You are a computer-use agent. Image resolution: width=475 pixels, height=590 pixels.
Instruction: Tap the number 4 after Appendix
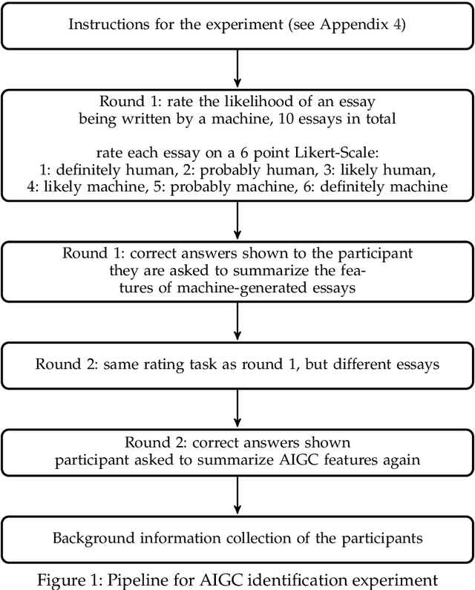(x=392, y=24)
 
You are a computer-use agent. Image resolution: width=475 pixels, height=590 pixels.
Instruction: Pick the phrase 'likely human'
(x=409, y=169)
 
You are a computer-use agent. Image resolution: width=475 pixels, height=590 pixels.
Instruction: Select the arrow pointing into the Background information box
(x=237, y=495)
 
